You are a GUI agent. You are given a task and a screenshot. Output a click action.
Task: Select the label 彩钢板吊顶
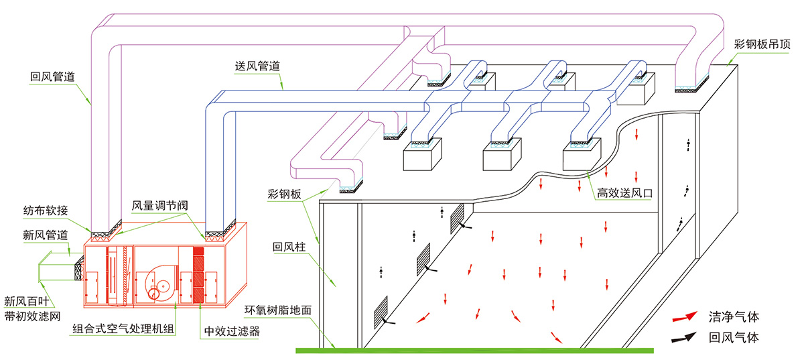pos(762,45)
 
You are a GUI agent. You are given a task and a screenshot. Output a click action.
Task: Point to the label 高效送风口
pos(624,192)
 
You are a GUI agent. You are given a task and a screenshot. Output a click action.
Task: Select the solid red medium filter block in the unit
pos(198,275)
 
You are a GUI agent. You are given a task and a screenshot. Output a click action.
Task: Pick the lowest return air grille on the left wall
pos(381,308)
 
